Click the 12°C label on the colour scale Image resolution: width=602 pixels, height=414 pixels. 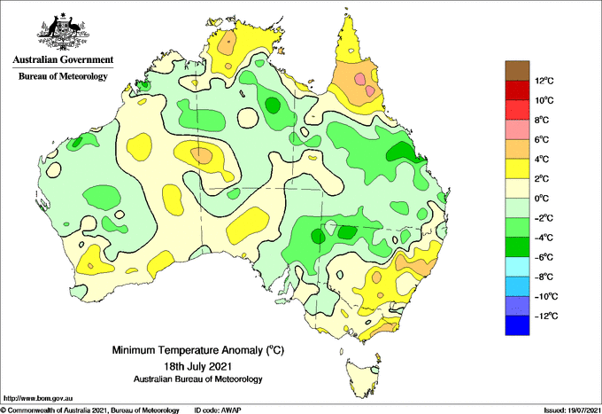(x=544, y=81)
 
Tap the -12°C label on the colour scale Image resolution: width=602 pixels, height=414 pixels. (x=544, y=316)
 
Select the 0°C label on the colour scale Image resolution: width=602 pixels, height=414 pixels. (x=541, y=199)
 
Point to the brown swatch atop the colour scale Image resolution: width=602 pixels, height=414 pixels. (x=517, y=71)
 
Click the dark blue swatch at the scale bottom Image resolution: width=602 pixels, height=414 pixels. (x=517, y=325)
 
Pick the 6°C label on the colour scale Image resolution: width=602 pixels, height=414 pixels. (x=541, y=139)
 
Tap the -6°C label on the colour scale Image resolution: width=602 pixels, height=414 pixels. (x=544, y=257)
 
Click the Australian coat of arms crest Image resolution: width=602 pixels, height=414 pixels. (x=63, y=32)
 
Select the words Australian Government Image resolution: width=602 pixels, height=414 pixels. (x=63, y=59)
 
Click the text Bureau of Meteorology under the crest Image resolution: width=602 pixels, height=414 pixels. (x=63, y=76)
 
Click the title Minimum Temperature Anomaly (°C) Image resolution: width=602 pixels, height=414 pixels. (x=197, y=350)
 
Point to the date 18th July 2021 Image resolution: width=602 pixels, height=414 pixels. (x=197, y=365)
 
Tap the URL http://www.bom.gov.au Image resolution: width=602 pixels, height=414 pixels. (x=37, y=399)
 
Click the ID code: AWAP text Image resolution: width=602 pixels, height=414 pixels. (x=218, y=410)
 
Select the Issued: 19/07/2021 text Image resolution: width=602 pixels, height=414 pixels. (x=572, y=410)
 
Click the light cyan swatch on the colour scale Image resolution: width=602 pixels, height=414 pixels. (x=517, y=267)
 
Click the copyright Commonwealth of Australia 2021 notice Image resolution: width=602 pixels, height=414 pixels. (x=89, y=410)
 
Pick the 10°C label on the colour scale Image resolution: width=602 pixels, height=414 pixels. (x=544, y=100)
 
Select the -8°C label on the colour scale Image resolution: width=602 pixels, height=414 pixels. (x=544, y=277)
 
